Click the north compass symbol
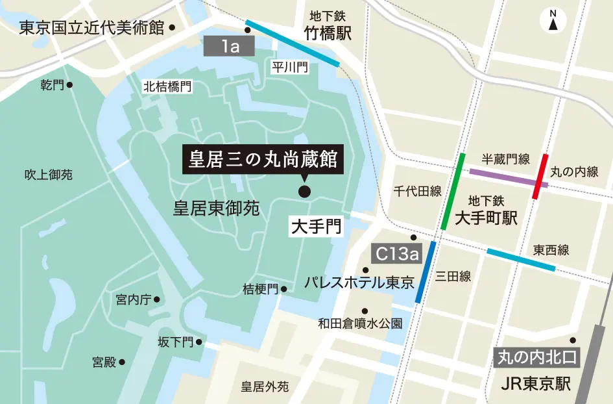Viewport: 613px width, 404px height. click(x=553, y=20)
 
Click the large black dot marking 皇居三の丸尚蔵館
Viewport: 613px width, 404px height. click(x=304, y=191)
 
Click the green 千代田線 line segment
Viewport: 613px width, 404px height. click(x=453, y=192)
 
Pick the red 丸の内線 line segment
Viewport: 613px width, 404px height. click(x=540, y=177)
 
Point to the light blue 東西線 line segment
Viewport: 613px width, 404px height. click(x=521, y=260)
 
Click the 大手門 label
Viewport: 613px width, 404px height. click(x=314, y=227)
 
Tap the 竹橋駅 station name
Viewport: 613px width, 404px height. click(x=328, y=33)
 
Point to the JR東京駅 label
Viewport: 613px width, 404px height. click(x=536, y=384)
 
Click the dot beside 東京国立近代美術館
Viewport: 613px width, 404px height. click(x=172, y=28)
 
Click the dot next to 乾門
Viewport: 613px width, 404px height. click(x=69, y=84)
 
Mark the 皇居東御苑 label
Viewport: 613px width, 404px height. click(x=216, y=208)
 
